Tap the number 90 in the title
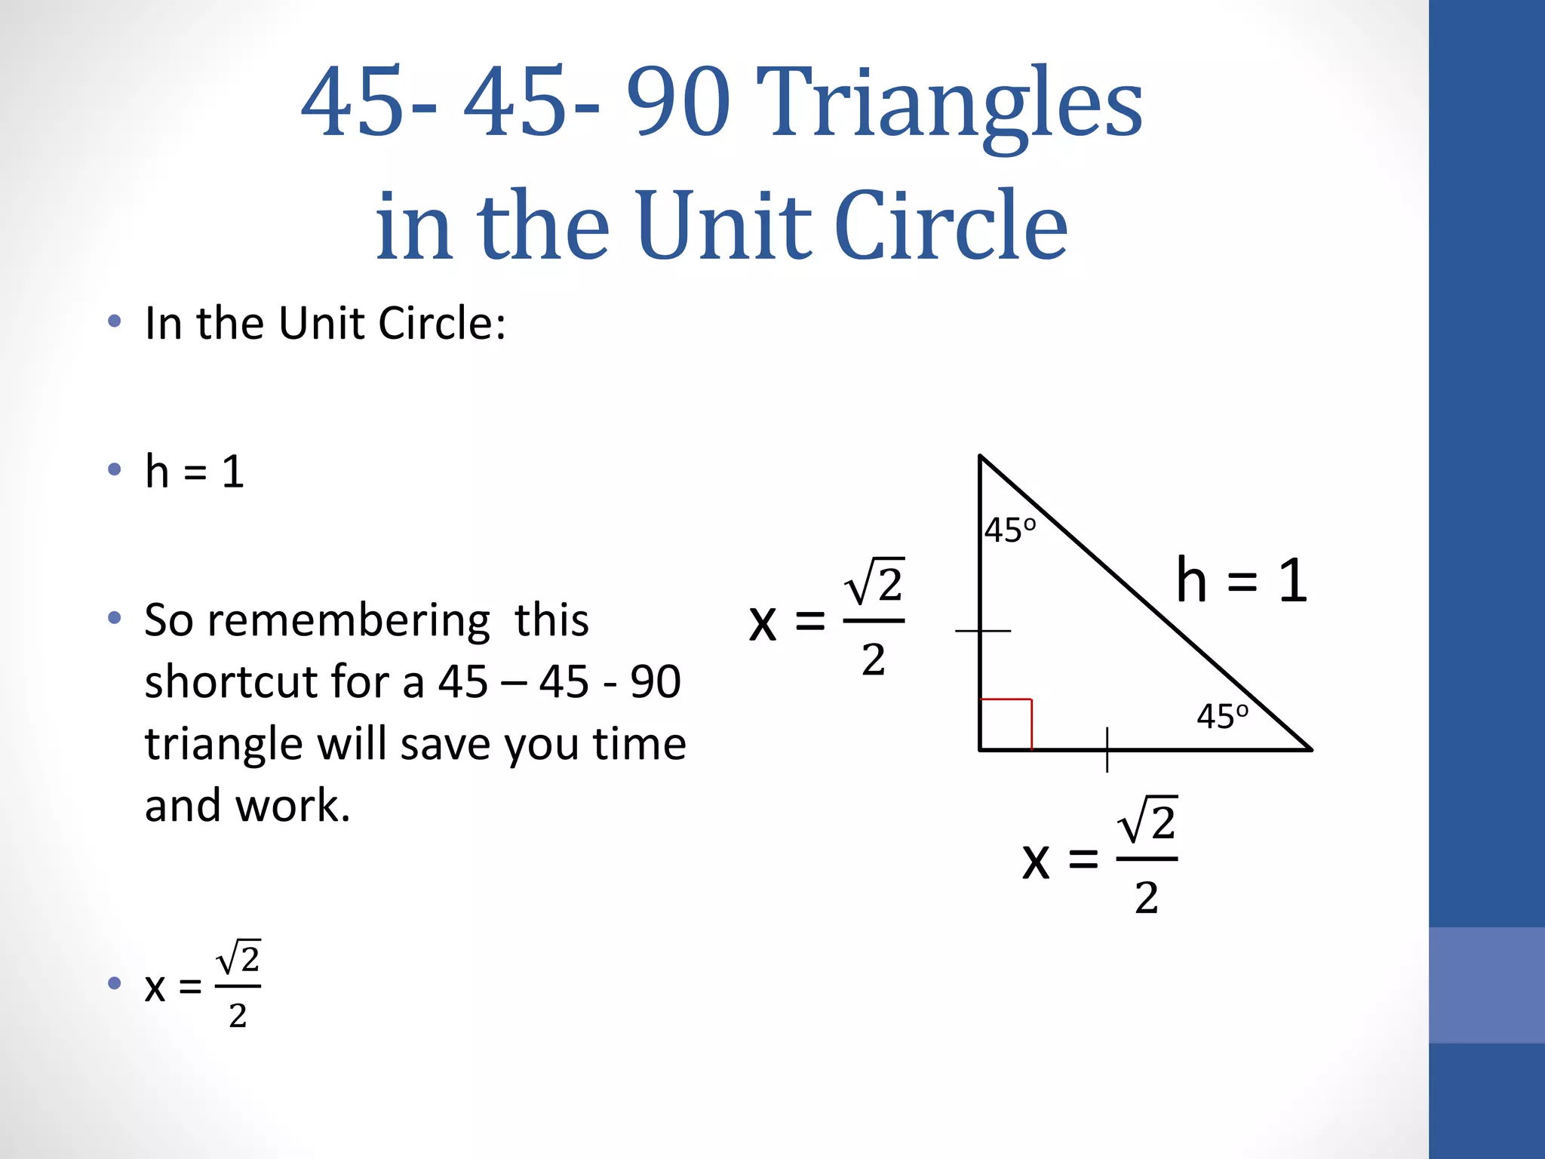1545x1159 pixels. click(x=678, y=102)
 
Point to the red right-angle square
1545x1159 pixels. click(x=1006, y=724)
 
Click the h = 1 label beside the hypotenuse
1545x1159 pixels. click(x=1241, y=581)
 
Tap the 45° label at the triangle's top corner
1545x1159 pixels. click(x=1010, y=530)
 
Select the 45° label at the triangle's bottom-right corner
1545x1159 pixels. click(x=1222, y=716)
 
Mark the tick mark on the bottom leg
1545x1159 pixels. click(x=1107, y=749)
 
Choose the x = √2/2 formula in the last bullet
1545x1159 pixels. click(x=202, y=985)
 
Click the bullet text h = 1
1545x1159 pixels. click(x=195, y=472)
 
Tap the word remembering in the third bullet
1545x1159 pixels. click(x=349, y=621)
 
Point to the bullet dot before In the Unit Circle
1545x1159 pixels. click(x=115, y=322)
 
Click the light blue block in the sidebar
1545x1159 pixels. click(x=1486, y=985)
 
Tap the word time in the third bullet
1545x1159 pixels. click(x=639, y=744)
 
